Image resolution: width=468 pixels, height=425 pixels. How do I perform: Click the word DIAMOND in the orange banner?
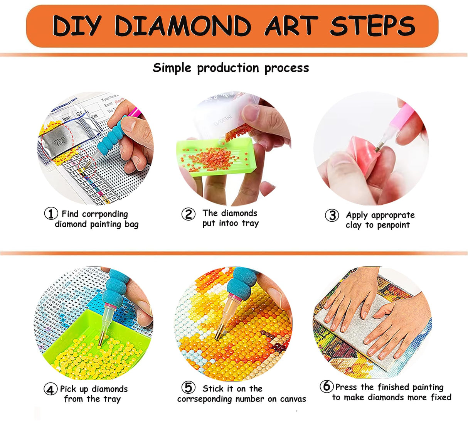pos(182,26)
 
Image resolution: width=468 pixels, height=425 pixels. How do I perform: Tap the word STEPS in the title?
pos(372,26)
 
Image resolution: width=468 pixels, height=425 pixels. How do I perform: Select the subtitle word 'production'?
pos(228,68)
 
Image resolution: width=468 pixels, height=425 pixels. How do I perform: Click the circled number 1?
pos(51,214)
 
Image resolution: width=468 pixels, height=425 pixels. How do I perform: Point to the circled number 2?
pos(188,214)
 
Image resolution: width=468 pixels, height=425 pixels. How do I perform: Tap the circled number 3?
pos(332,215)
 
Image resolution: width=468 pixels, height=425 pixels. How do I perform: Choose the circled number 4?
pos(51,390)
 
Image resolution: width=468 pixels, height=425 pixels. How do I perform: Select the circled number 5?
pos(188,388)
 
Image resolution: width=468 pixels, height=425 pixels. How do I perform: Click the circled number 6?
pos(326,386)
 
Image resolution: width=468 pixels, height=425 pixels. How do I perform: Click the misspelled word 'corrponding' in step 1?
pos(105,214)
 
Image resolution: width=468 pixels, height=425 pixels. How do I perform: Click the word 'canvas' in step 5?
pos(292,399)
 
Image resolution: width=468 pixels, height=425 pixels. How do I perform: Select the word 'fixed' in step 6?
pos(441,397)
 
